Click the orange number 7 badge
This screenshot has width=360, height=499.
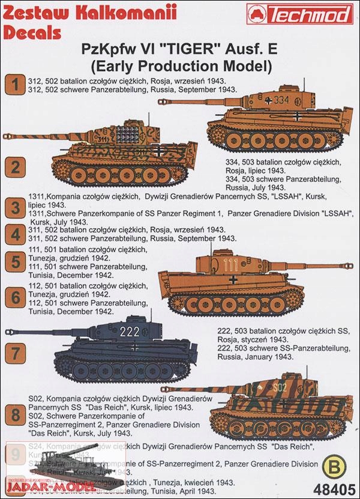(13, 350)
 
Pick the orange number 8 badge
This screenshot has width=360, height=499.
(13, 414)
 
